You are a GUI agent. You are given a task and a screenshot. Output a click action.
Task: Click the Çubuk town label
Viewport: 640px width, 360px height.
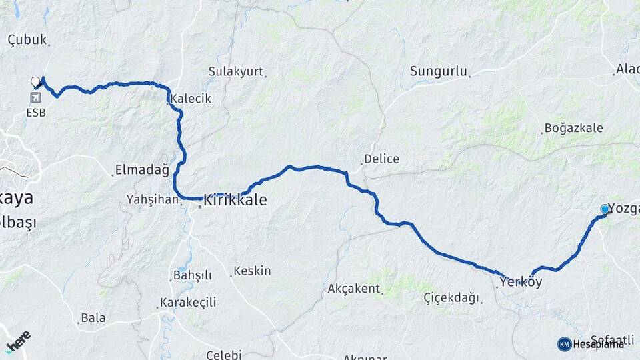[27, 40]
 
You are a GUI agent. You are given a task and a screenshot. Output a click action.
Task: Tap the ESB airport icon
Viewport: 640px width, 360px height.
[35, 98]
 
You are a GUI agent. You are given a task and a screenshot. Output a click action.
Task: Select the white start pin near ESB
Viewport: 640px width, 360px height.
[35, 83]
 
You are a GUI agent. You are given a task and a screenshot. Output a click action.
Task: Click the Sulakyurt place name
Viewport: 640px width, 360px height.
[236, 71]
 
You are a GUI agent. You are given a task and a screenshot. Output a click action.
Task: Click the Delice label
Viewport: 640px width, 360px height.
[381, 159]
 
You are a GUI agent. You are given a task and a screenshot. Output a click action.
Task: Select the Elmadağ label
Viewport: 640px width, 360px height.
[142, 170]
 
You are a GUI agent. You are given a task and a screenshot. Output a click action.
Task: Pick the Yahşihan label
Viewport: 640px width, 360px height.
[153, 199]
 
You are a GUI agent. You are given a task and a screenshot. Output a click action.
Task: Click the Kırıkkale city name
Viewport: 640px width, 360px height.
[235, 199]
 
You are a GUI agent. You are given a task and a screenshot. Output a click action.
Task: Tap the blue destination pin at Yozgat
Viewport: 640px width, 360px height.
[605, 209]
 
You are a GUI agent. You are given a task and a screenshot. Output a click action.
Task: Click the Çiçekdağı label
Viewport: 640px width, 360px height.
[451, 298]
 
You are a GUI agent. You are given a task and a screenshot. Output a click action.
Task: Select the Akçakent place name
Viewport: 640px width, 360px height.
[353, 289]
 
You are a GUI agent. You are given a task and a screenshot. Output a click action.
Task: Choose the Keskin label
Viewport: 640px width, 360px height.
[253, 271]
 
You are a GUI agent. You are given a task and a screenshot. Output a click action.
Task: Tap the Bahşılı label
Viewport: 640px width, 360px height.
[192, 275]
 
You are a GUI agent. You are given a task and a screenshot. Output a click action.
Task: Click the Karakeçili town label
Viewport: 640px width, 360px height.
[189, 303]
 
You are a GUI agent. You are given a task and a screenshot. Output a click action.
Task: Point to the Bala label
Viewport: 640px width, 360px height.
[93, 318]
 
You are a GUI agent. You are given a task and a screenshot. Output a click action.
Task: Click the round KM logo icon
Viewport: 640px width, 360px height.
[565, 344]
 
